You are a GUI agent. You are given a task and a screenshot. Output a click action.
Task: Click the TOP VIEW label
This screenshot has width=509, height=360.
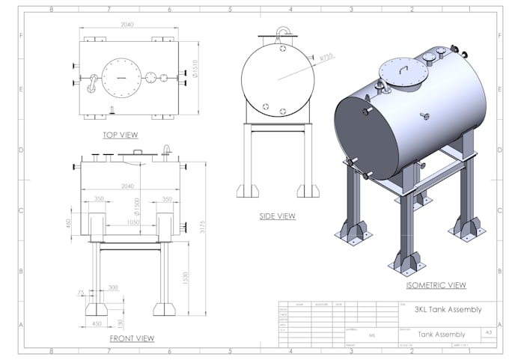(121, 135)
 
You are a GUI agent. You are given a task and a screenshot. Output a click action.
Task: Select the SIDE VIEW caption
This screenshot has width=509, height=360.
(278, 216)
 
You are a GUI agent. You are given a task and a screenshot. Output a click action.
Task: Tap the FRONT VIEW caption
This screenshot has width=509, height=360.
(132, 338)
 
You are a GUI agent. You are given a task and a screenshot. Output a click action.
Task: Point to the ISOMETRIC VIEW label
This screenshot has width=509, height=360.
(436, 285)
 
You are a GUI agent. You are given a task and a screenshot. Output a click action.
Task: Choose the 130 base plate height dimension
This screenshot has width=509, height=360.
(121, 323)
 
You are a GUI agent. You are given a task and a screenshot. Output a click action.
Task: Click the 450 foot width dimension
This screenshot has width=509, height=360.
(97, 324)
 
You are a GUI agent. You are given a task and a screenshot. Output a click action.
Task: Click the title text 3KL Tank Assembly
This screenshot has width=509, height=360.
(448, 308)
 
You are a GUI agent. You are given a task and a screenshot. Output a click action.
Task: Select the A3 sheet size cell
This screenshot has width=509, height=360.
(489, 330)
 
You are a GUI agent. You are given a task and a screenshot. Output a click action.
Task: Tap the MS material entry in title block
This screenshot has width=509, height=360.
(371, 336)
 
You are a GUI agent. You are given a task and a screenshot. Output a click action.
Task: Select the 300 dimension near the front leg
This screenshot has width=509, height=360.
(113, 287)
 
